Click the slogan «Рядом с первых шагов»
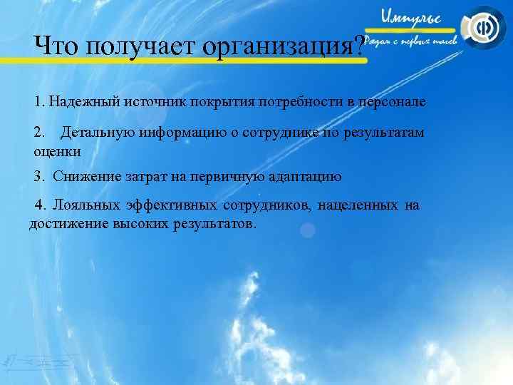[415, 41]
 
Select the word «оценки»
[57, 151]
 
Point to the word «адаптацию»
[306, 177]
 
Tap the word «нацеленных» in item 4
[358, 206]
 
